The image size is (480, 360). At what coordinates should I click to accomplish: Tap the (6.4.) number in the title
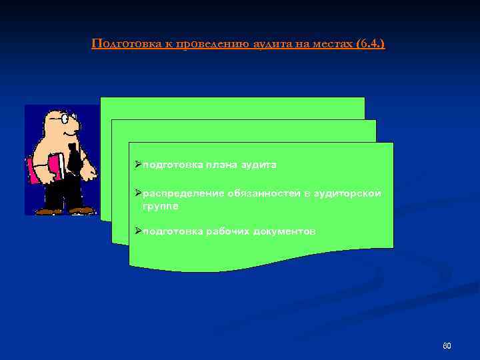click(x=371, y=44)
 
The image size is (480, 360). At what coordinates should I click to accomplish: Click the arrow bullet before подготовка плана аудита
click(x=137, y=164)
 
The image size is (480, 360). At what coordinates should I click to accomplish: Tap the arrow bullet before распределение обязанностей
click(x=137, y=193)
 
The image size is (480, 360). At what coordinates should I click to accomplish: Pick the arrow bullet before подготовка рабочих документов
click(x=137, y=231)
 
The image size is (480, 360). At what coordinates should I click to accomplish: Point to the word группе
click(x=160, y=207)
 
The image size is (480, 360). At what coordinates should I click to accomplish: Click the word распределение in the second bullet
click(x=180, y=193)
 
